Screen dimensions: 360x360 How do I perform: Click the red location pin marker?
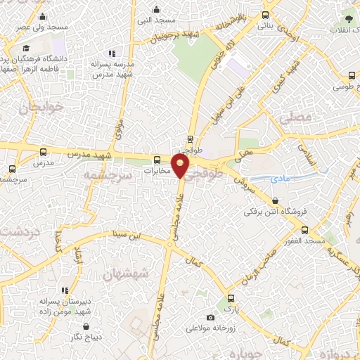(181, 166)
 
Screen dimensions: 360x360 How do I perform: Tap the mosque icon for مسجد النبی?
(156, 10)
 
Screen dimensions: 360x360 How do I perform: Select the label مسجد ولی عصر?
(44, 27)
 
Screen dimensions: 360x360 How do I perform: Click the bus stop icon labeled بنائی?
(266, 15)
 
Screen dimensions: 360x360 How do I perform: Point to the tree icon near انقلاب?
(347, 19)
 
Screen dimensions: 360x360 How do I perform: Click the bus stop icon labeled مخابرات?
(157, 160)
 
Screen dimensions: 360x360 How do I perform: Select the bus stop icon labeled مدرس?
(44, 152)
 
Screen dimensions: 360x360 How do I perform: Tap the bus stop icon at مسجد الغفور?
(304, 230)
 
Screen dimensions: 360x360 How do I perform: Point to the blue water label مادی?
(280, 179)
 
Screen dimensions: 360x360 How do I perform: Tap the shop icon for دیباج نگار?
(85, 327)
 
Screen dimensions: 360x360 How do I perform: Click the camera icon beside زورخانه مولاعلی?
(210, 317)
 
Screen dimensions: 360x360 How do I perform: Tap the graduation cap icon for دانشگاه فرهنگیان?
(26, 49)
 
